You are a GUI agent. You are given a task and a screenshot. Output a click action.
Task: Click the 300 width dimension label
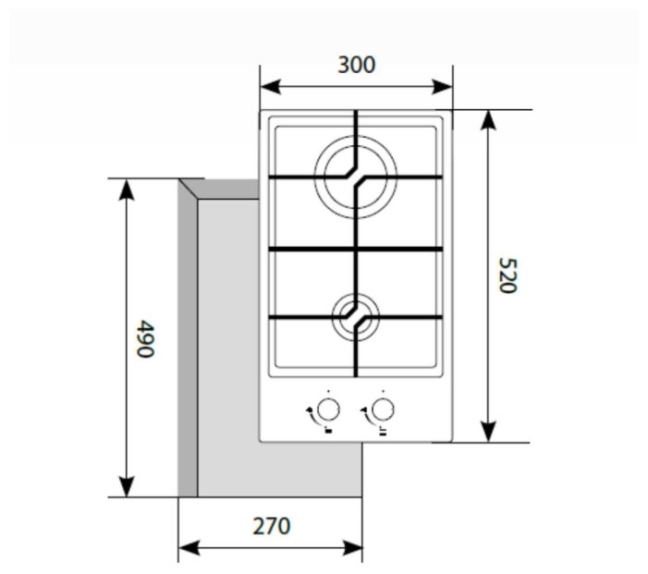(x=356, y=65)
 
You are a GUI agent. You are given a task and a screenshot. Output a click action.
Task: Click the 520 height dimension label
(x=505, y=275)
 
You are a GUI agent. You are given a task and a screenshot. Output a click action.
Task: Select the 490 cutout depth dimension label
(x=144, y=339)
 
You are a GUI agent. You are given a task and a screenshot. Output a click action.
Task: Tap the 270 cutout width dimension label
(x=270, y=526)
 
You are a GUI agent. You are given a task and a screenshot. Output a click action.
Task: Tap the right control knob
(x=382, y=409)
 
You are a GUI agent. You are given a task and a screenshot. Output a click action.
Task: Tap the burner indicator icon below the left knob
(x=327, y=430)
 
